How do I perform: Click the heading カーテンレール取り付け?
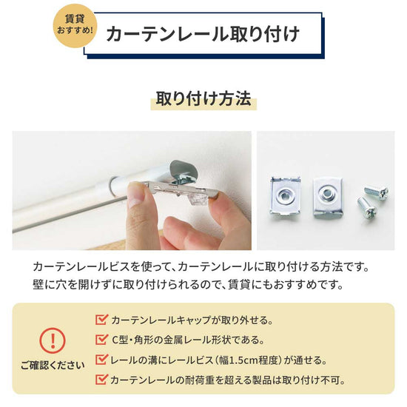202,35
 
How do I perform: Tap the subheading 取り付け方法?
203,99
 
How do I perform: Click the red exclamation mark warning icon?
52,341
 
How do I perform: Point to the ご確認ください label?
52,365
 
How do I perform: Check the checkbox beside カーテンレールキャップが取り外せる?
102,320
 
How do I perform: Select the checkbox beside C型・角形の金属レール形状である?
102,340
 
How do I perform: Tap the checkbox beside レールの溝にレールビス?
102,360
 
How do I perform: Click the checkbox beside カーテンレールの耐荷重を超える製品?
102,380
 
